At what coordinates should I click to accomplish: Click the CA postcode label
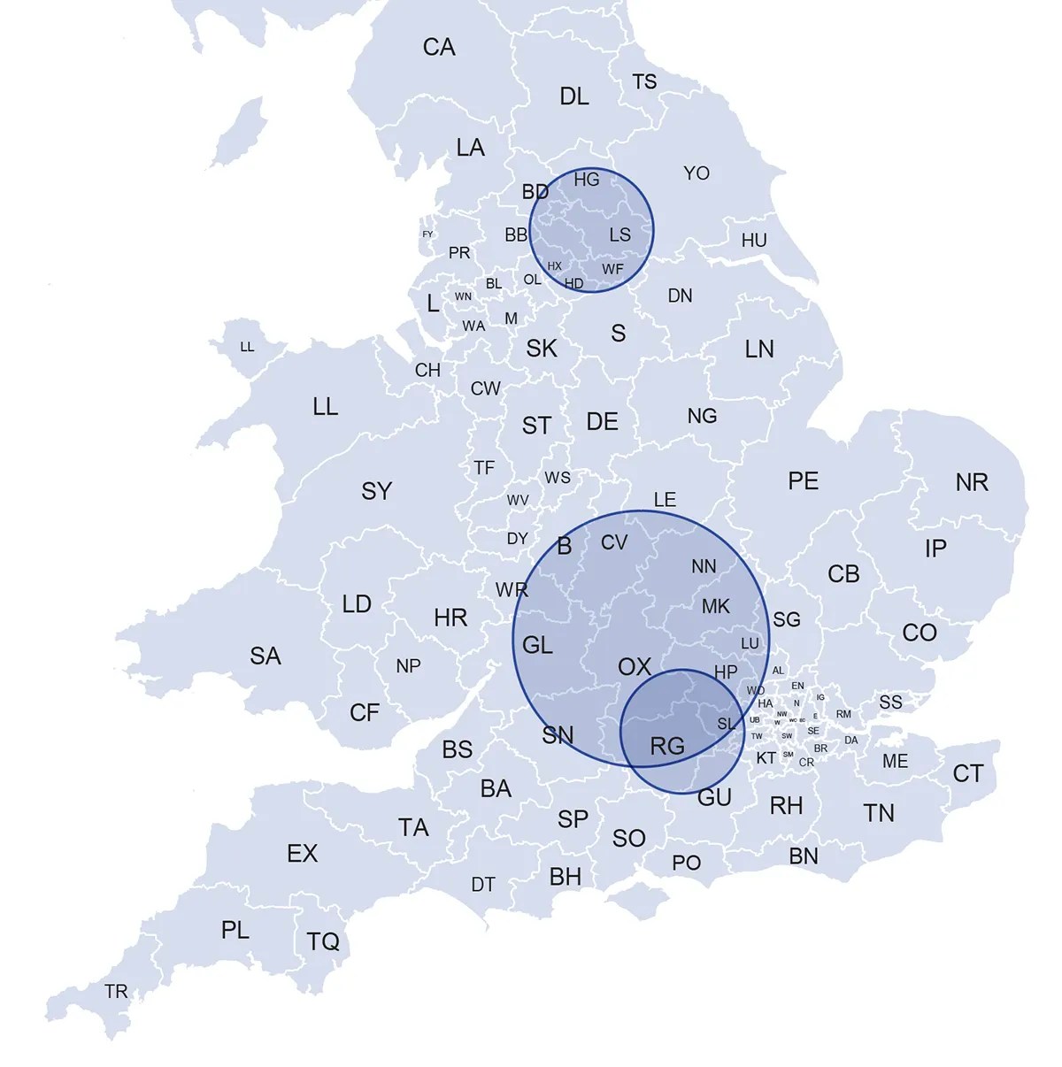point(439,47)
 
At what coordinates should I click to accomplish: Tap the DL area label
point(574,96)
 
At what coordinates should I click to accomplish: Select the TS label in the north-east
point(644,82)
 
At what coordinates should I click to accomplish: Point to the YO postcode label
point(696,173)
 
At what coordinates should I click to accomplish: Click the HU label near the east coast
point(754,241)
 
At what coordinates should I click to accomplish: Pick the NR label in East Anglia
point(972,482)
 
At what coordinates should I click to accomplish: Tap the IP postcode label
point(935,549)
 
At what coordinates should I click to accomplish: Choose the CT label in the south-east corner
point(967,774)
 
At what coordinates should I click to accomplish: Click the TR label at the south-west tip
point(116,992)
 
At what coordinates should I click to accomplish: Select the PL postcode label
point(235,931)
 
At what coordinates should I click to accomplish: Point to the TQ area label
point(323,941)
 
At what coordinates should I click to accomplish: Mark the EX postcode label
point(302,854)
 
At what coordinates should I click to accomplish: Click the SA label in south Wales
point(265,656)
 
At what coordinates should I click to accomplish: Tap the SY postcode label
point(376,491)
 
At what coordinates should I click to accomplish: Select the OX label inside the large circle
point(634,667)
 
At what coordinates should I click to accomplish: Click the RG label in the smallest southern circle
point(667,747)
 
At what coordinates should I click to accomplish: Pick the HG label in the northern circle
point(587,180)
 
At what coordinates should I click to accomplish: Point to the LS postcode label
point(620,234)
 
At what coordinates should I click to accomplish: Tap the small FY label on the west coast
point(427,234)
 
